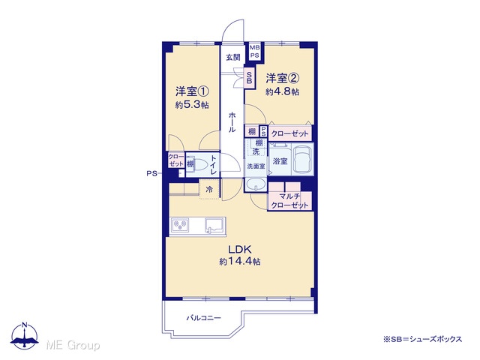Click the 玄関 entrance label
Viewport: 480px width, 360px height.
(x=233, y=57)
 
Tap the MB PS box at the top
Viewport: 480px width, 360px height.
(x=255, y=52)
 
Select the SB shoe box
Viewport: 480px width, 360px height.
(x=250, y=78)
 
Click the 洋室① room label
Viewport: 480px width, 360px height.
(x=192, y=91)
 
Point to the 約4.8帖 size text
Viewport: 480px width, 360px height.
(x=282, y=91)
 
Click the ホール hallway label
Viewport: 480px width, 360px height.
(x=232, y=122)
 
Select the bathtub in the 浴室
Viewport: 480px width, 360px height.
(x=303, y=160)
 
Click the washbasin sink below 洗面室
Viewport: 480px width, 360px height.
(x=256, y=184)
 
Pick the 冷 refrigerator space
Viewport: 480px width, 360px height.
(x=209, y=189)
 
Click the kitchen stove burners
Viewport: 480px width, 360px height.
(x=180, y=226)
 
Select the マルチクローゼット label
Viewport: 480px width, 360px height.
(x=289, y=201)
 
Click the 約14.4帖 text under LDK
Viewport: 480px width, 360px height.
(x=240, y=262)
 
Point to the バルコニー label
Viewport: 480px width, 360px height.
(x=204, y=318)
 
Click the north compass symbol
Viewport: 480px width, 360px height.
(x=25, y=335)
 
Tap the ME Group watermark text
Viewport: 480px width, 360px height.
(x=73, y=345)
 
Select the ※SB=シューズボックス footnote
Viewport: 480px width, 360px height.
(x=423, y=339)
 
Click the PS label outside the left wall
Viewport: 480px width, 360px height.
(x=151, y=174)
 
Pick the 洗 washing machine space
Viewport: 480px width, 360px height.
(x=256, y=151)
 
